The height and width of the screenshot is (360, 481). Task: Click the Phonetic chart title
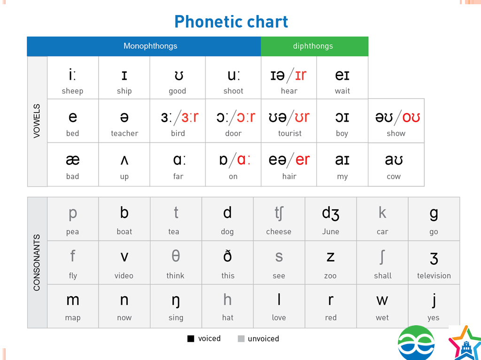click(231, 22)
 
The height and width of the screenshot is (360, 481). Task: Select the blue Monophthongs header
click(144, 46)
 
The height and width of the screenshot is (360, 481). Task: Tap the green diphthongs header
click(314, 46)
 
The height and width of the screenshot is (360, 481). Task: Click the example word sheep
click(72, 91)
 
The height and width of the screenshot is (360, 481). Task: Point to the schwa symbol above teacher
click(124, 117)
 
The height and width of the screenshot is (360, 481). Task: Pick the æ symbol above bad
click(73, 160)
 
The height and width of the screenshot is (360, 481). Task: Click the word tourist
click(290, 133)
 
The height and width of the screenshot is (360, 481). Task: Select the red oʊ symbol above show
click(411, 117)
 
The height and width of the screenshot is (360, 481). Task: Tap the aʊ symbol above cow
click(394, 160)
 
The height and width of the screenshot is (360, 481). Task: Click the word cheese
click(279, 231)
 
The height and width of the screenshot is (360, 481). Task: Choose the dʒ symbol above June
click(330, 213)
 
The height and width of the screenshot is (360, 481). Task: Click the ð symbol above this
click(227, 256)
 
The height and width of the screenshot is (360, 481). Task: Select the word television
click(434, 276)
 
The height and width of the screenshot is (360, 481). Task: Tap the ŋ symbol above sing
click(176, 301)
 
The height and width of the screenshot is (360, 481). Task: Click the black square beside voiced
click(191, 338)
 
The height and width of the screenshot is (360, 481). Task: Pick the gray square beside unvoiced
click(241, 338)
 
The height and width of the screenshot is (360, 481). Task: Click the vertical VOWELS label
click(37, 121)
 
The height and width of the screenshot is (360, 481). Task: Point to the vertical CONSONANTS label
click(37, 262)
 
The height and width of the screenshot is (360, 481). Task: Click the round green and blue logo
click(416, 343)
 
